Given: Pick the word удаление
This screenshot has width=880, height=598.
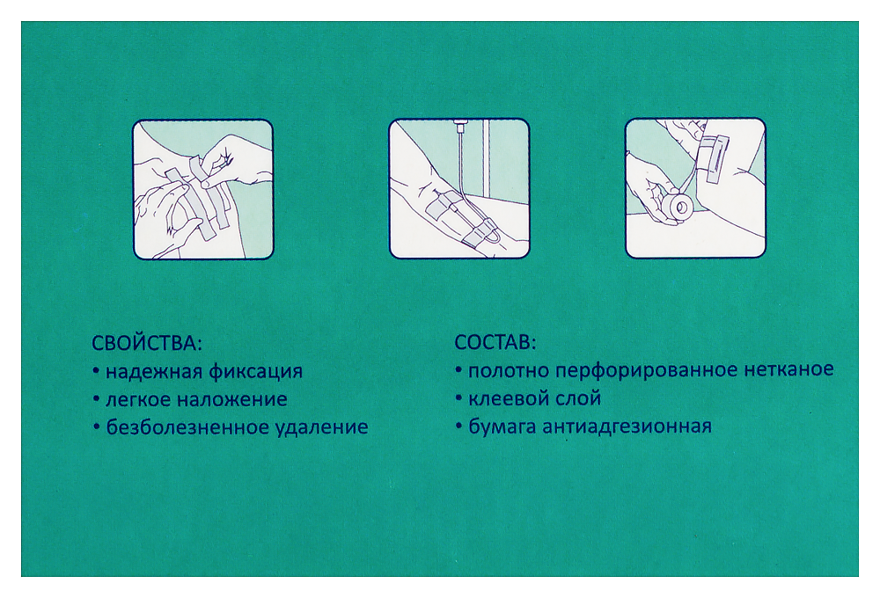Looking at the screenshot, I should [x=321, y=428].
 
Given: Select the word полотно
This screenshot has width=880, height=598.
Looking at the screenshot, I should [x=505, y=370].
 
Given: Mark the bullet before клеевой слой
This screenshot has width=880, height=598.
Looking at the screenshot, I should [x=458, y=398].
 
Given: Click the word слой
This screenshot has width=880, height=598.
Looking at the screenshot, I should [x=580, y=398].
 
